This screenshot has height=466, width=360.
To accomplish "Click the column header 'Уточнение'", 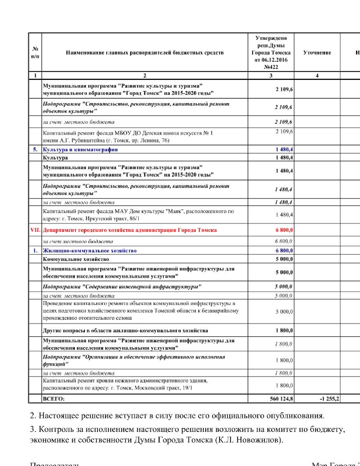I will [317, 53].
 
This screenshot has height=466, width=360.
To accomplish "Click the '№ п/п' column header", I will [35, 53].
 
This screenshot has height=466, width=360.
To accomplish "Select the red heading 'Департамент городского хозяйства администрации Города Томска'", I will [130, 230].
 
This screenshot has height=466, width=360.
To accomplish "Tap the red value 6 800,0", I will [284, 230].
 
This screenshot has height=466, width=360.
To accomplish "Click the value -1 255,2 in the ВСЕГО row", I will [329, 399].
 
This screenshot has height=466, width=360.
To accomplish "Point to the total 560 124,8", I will [281, 399].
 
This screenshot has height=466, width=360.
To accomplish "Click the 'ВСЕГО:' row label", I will [54, 399].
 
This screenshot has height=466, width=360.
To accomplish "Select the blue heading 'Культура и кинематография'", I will [80, 149].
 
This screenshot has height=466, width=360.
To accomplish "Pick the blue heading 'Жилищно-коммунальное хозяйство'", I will [90, 251].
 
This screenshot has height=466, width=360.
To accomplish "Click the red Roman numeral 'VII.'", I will [35, 230].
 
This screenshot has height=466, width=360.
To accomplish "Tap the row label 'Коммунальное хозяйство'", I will [76, 259].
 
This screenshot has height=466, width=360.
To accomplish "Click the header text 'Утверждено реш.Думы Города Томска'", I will [271, 49].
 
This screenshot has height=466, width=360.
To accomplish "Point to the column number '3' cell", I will [271, 75].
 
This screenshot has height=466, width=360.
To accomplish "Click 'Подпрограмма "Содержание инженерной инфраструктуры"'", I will [122, 286].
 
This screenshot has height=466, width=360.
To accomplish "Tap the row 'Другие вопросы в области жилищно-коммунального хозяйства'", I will [125, 330].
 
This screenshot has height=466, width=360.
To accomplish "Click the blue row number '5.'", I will [35, 149].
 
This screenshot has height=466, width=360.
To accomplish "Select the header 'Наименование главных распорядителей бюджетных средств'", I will [145, 53].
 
